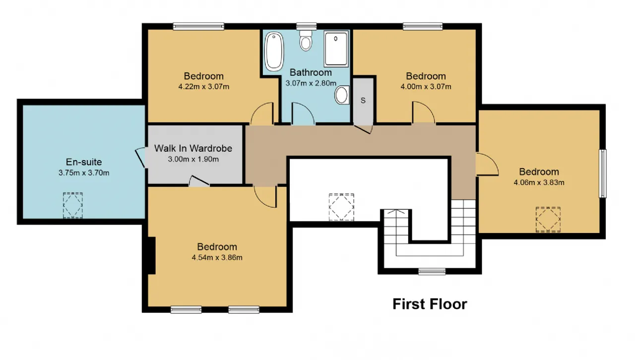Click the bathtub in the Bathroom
tap(274, 52)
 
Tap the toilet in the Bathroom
tap(306, 41)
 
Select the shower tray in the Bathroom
tap(336, 49)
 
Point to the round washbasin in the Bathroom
tap(342, 95)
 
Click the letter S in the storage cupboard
tap(363, 100)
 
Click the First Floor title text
tap(430, 304)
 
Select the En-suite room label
tap(84, 162)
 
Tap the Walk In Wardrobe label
tap(193, 148)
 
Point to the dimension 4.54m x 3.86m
tap(217, 258)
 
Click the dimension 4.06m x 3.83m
tap(539, 182)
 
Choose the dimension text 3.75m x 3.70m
tap(84, 173)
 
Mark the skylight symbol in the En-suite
tap(73, 205)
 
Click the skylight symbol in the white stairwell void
tap(342, 207)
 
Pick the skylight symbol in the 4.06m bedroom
tap(548, 220)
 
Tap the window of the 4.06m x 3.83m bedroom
tap(603, 174)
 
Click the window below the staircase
tap(432, 272)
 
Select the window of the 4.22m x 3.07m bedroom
tap(199, 26)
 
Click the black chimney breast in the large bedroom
tap(152, 255)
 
